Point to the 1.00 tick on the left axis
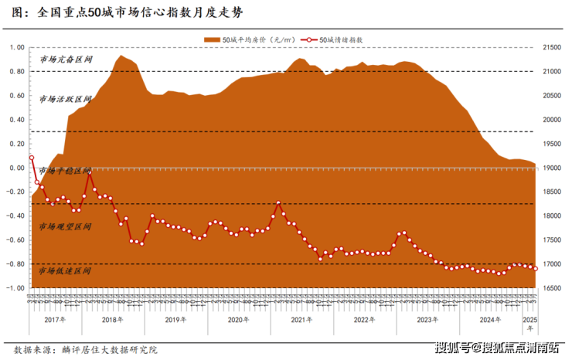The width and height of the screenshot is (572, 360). (15, 48)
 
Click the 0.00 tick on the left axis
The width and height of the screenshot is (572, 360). (15, 168)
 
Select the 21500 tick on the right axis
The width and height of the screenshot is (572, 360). (554, 48)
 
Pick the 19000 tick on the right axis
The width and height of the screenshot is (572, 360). (554, 168)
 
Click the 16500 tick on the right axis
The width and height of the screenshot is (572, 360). (554, 287)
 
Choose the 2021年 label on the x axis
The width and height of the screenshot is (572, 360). (301, 318)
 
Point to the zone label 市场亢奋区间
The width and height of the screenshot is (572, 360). (66, 59)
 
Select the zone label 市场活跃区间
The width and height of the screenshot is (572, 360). (66, 100)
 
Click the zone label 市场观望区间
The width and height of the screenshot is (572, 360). (66, 227)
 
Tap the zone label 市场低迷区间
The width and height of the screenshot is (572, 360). (66, 271)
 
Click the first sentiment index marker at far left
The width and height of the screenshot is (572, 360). (32, 158)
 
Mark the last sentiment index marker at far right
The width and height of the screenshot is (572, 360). (535, 268)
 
